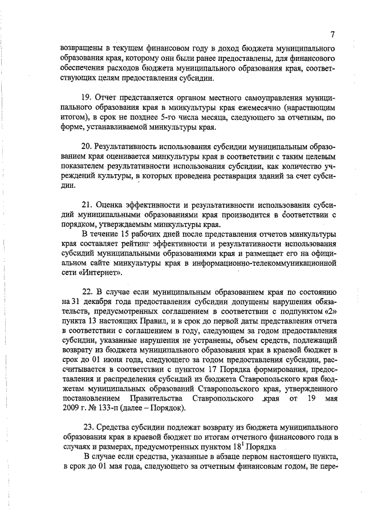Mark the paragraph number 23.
88,427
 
